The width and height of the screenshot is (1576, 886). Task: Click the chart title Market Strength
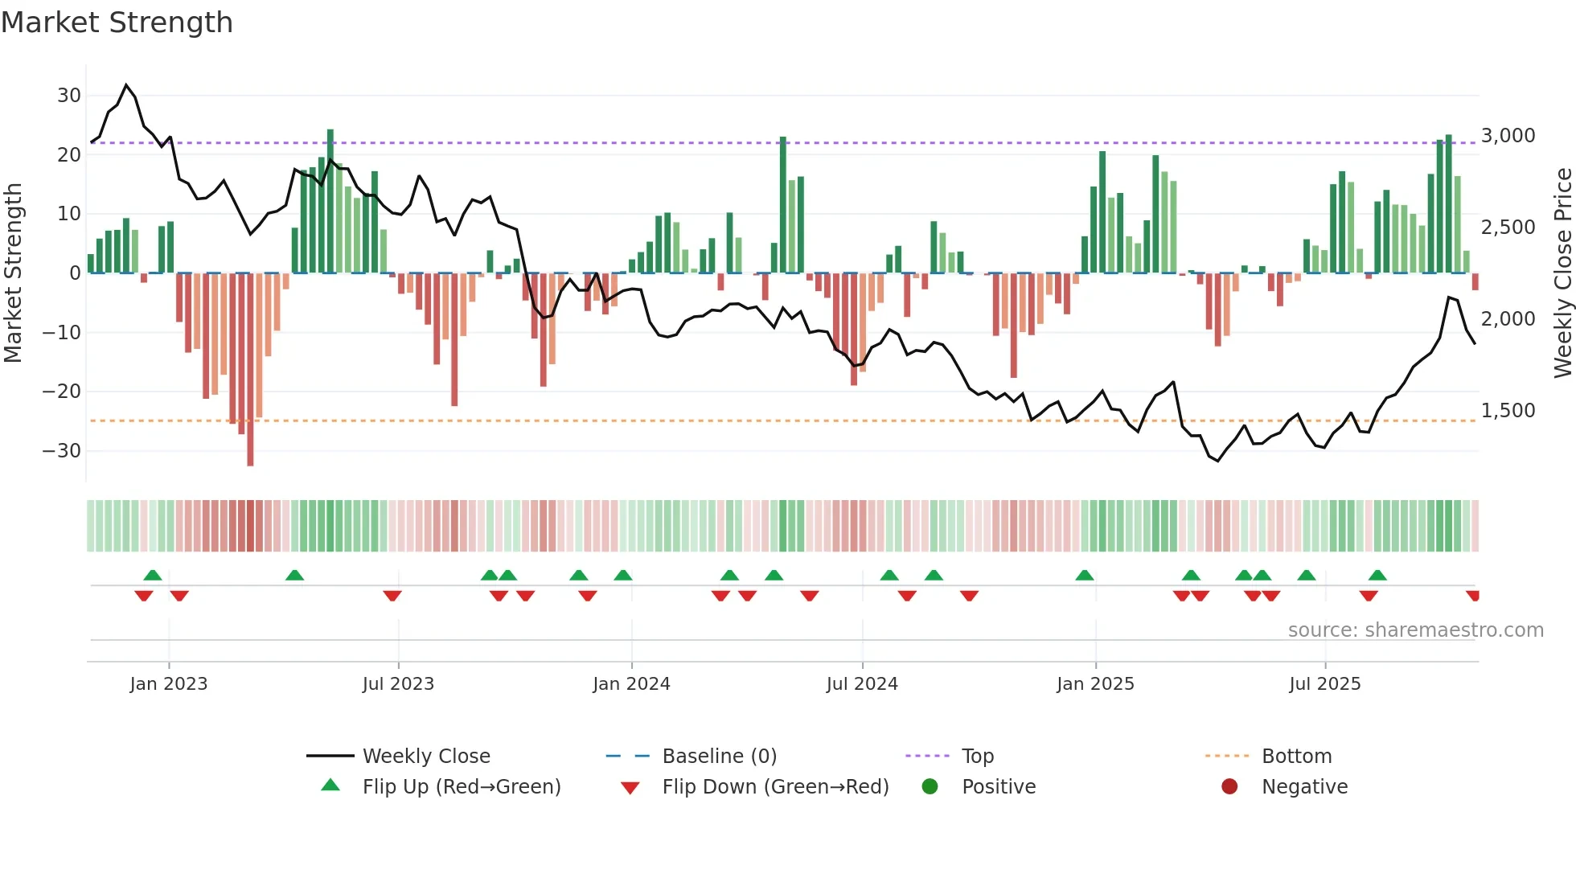117,23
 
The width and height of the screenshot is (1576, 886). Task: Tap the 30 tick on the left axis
69,96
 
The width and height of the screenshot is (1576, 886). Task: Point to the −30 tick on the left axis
62,451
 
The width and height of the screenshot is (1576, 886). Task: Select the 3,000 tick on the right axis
1508,136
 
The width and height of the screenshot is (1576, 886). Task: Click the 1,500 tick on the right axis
1508,411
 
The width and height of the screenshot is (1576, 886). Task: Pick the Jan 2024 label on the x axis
631,684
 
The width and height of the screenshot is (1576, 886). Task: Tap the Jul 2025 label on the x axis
1324,684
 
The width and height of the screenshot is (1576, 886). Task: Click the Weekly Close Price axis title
1562,273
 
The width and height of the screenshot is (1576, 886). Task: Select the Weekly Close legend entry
425,757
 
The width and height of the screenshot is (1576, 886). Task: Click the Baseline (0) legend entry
719,757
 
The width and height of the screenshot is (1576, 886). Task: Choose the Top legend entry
977,757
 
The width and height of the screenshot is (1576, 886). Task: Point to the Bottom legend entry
1296,757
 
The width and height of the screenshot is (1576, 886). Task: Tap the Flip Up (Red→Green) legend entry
461,787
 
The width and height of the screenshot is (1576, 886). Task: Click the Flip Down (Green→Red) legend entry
775,787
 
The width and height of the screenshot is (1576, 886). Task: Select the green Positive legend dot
930,787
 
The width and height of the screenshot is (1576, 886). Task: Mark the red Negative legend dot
1229,787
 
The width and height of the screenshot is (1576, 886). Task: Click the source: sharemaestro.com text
1415,630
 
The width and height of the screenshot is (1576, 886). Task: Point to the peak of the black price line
126,85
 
